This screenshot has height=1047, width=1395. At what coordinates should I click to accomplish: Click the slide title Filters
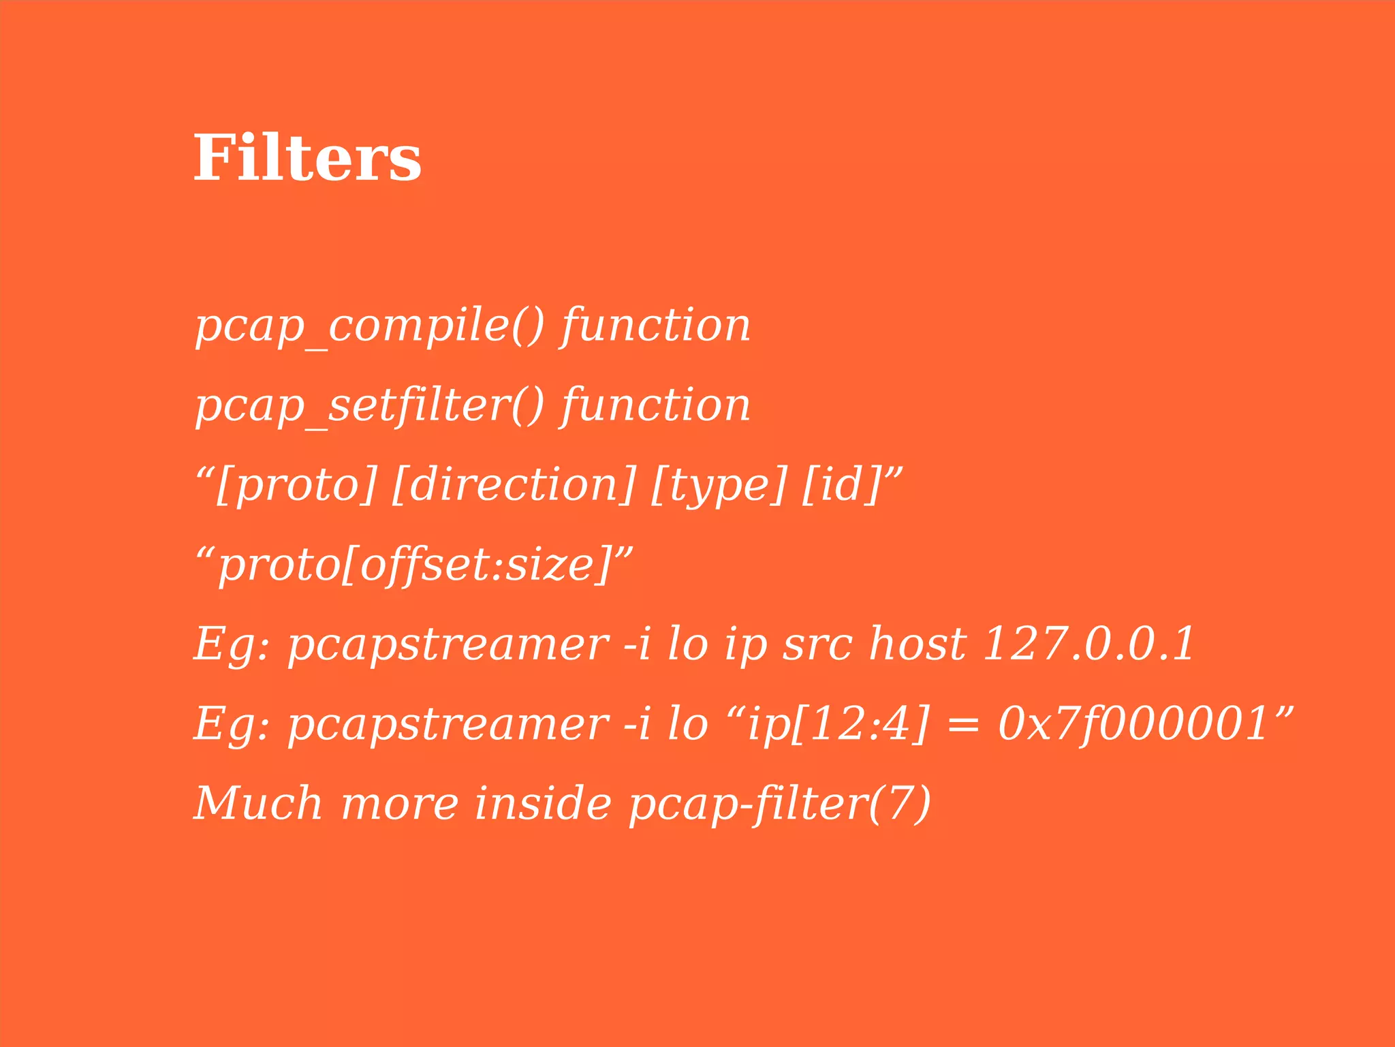pyautogui.click(x=307, y=158)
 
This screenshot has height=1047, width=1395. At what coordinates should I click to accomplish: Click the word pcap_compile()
pyautogui.click(x=370, y=325)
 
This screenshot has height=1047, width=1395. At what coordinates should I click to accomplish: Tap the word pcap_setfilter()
pyautogui.click(x=370, y=405)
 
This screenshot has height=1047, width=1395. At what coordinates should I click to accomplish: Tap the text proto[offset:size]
pyautogui.click(x=414, y=565)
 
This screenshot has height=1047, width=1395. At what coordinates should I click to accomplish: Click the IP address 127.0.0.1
pyautogui.click(x=1088, y=644)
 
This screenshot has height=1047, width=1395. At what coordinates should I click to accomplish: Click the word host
pyautogui.click(x=918, y=644)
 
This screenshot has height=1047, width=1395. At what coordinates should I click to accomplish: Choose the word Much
pyautogui.click(x=258, y=803)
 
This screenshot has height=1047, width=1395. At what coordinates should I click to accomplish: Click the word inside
pyautogui.click(x=543, y=803)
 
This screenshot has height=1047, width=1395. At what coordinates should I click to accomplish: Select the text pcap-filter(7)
pyautogui.click(x=779, y=803)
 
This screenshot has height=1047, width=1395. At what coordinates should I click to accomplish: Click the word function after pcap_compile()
pyautogui.click(x=655, y=325)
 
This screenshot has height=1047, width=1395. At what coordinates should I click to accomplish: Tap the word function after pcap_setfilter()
pyautogui.click(x=655, y=405)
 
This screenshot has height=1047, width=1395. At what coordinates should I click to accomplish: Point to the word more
pyautogui.click(x=400, y=804)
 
